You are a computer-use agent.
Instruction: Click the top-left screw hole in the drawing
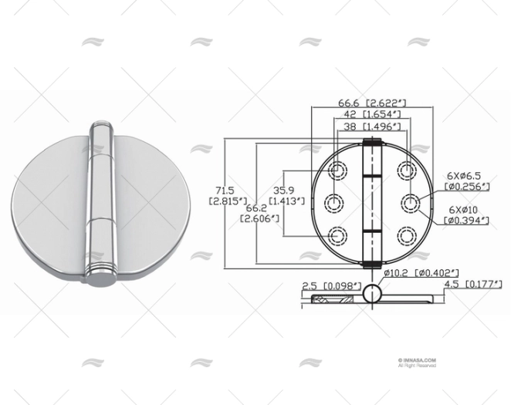point(337,170)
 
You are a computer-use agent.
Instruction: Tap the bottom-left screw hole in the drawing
point(337,236)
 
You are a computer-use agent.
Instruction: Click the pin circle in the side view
point(372,293)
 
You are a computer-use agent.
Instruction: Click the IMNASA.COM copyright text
point(418,361)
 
